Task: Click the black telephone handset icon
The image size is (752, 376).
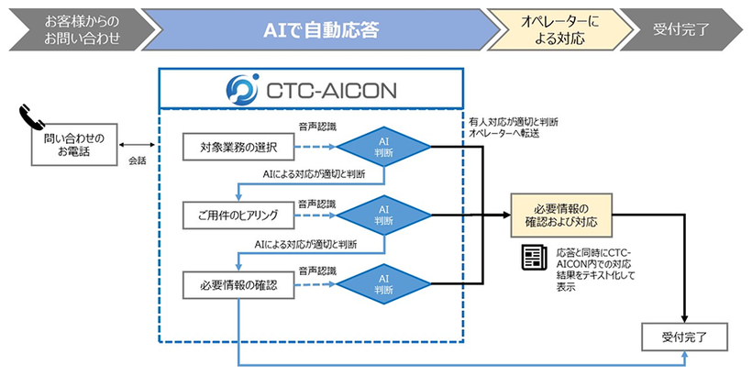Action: [30, 117]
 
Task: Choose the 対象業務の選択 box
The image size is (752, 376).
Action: [237, 147]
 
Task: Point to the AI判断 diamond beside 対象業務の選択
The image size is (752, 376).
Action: [383, 147]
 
